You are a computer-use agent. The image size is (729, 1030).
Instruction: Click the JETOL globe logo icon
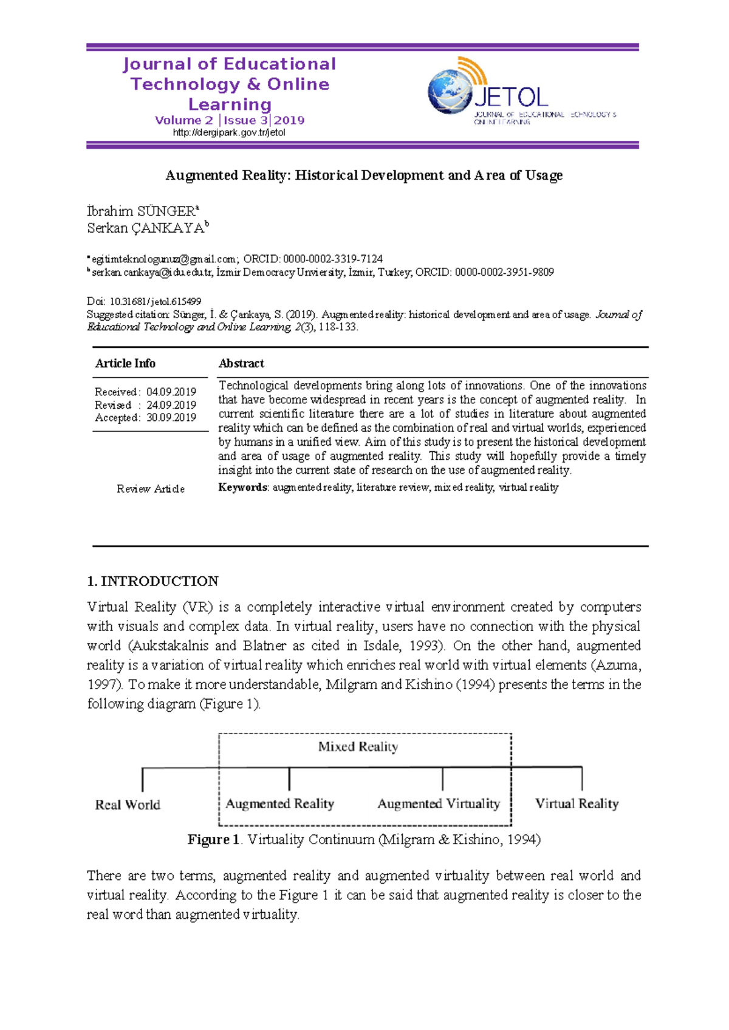[451, 91]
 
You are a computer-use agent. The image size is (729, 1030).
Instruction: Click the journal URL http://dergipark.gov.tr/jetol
[229, 132]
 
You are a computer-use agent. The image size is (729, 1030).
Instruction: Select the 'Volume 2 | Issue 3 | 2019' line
[230, 120]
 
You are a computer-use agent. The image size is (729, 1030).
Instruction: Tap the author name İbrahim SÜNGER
[141, 211]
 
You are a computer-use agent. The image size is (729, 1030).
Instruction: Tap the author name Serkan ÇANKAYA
[146, 228]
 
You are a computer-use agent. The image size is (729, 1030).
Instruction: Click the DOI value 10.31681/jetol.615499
[155, 301]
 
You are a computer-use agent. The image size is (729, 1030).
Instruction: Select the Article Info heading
[125, 363]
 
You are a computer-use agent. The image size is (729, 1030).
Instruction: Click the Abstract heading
[241, 363]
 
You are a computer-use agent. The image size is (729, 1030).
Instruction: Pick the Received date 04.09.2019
[171, 392]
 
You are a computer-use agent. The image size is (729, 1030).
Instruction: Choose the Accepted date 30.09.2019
[171, 417]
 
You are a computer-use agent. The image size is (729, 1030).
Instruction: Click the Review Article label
[151, 488]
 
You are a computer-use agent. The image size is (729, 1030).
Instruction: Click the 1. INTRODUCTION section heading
[152, 581]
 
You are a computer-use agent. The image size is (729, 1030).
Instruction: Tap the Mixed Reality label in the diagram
[358, 746]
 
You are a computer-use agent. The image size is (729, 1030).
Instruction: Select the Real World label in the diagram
[128, 805]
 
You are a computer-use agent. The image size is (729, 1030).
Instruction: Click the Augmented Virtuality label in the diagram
[439, 803]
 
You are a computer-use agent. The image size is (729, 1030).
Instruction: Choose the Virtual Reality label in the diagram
[577, 803]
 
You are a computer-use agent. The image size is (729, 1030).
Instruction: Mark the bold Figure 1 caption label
[213, 839]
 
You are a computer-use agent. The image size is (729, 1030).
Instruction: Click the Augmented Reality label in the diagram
[280, 803]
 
